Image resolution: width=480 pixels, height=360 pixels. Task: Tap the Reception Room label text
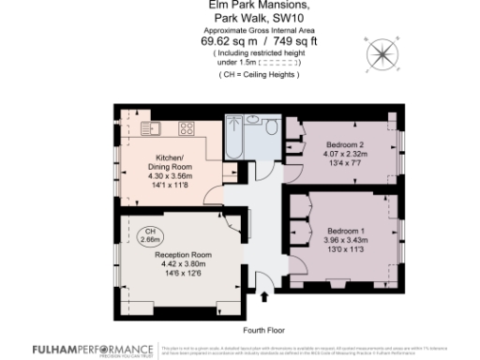point(183,255)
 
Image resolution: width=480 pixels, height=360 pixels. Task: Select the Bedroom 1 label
point(346,231)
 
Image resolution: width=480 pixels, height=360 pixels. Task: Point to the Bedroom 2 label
point(346,145)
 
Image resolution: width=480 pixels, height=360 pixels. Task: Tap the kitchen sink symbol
point(155,128)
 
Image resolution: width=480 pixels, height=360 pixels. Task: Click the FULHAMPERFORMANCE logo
point(79,348)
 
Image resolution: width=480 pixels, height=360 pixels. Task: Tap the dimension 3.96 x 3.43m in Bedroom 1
point(347,241)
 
